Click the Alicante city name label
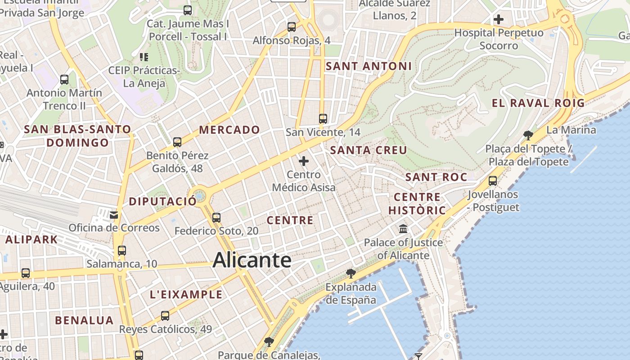coord(252,260)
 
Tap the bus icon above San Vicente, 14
coord(323,119)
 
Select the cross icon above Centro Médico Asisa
coord(304,161)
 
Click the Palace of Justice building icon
coord(403,229)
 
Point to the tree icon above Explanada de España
coord(351,273)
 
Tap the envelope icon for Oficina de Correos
coord(114,215)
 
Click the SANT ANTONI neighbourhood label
coord(369,66)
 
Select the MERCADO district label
coord(229,130)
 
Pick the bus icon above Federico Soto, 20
coord(216,218)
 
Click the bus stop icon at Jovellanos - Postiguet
coord(493,181)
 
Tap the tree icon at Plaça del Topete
coord(528,135)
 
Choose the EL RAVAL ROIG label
coord(538,103)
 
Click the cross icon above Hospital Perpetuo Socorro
coord(499,19)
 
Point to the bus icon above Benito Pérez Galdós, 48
coord(177,142)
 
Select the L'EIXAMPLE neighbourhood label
coord(186,295)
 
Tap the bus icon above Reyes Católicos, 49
coord(165,316)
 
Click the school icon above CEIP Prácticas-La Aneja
coord(144,57)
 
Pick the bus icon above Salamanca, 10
coord(121,251)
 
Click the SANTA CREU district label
coord(369,150)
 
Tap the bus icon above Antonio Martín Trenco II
coord(64,80)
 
